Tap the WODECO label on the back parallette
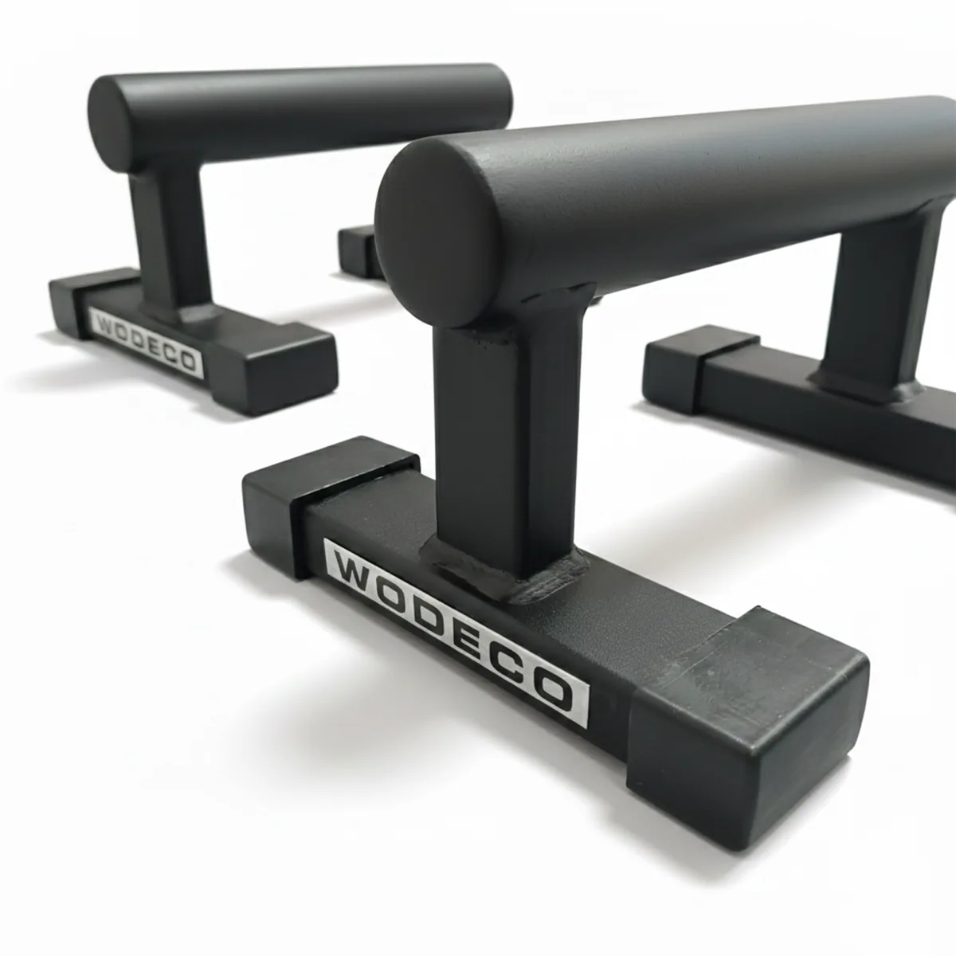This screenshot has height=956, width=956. (x=147, y=343)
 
